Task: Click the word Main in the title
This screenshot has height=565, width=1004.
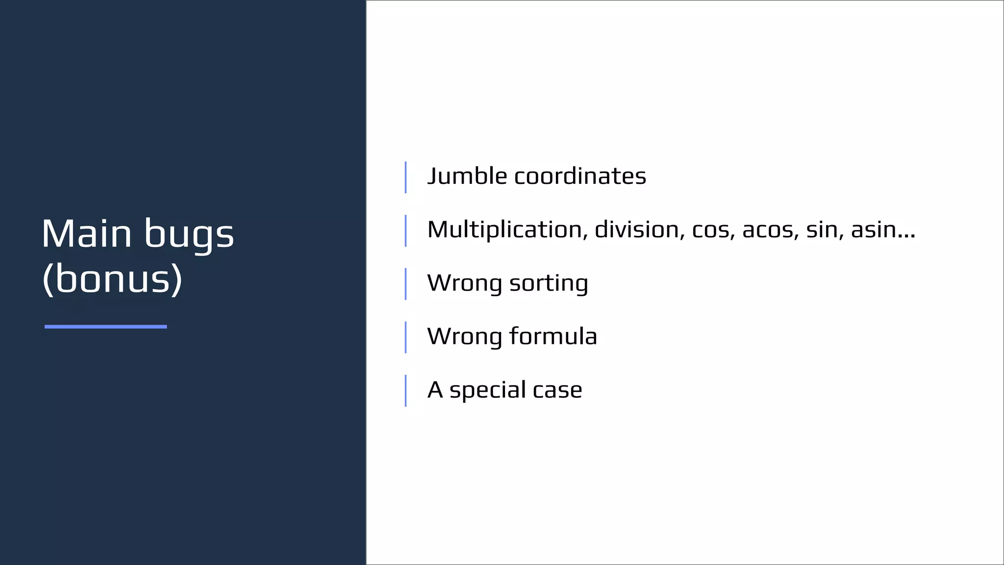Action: coord(87,234)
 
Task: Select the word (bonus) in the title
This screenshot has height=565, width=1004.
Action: coord(112,279)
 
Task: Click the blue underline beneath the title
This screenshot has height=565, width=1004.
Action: coord(105,327)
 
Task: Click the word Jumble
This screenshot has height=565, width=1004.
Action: coord(467,176)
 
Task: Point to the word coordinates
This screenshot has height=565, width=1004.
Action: coord(580,176)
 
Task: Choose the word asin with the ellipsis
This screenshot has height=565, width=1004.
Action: coord(882,230)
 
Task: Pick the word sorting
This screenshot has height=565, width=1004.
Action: coord(549,283)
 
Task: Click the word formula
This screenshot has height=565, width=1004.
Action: coord(553,336)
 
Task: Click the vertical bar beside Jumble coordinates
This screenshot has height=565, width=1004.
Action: coord(405,177)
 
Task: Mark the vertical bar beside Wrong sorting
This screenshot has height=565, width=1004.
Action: coord(405,283)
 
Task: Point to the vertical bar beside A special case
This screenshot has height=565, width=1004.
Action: coord(405,390)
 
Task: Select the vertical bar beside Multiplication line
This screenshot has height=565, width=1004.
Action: coord(405,231)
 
